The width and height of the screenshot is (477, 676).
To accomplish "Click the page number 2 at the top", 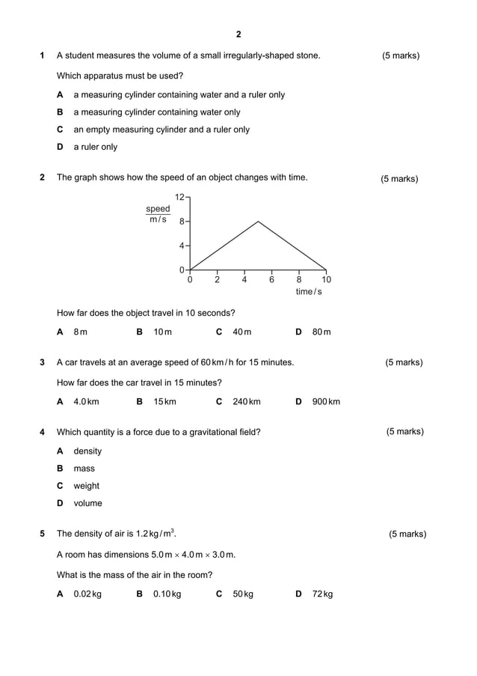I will tap(238, 34).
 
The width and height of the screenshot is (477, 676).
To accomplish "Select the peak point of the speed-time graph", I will tap(258, 221).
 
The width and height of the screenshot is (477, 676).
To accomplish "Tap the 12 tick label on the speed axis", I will tap(179, 197).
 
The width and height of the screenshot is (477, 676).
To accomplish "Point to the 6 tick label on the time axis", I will tap(271, 280).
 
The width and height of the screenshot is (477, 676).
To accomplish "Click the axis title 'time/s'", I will tap(308, 291).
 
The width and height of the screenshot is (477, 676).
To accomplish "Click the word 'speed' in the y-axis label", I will tap(158, 209).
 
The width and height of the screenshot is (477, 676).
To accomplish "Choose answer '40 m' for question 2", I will tap(241, 332).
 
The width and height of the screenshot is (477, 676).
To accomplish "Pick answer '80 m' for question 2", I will tap(321, 332).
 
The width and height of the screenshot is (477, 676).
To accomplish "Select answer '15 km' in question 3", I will tap(164, 402).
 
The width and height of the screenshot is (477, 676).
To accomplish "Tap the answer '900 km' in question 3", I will tap(326, 402).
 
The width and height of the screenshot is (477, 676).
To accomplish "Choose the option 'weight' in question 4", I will tap(86, 486).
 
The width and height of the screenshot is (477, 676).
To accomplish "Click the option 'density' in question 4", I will tap(87, 451).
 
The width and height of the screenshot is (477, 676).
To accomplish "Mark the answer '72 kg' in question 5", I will tap(322, 594).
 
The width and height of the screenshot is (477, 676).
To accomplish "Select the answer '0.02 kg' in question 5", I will tap(87, 594).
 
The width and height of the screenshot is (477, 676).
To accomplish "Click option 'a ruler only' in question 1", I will tap(95, 147).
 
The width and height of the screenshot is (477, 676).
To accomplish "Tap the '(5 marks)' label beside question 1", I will tap(401, 55).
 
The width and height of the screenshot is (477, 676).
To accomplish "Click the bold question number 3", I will tap(42, 362).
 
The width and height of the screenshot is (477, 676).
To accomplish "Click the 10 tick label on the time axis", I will tap(326, 280).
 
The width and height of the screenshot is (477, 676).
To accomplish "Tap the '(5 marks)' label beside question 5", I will tap(407, 534).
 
